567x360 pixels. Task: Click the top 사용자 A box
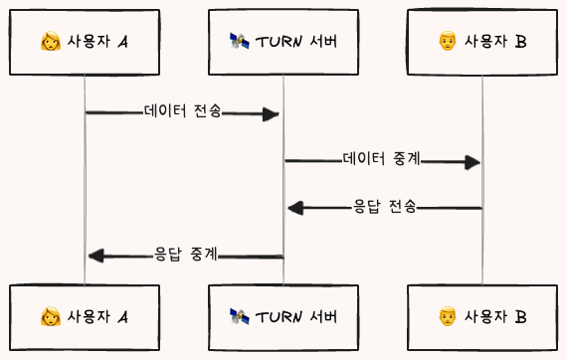85,42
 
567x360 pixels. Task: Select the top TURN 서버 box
283,42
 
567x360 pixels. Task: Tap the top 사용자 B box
482,42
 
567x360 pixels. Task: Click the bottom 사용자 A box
85,317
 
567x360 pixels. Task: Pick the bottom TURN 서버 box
283,317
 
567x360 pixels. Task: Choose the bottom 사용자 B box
482,317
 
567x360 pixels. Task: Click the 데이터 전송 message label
182,112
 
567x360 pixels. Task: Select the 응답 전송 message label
384,207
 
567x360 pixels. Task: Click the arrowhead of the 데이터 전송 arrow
270,114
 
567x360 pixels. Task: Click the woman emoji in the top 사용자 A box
50,42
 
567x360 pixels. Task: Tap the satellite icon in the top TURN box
239,42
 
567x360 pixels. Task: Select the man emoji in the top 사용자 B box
448,42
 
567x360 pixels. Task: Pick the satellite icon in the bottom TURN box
239,317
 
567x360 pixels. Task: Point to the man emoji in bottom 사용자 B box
448,317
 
